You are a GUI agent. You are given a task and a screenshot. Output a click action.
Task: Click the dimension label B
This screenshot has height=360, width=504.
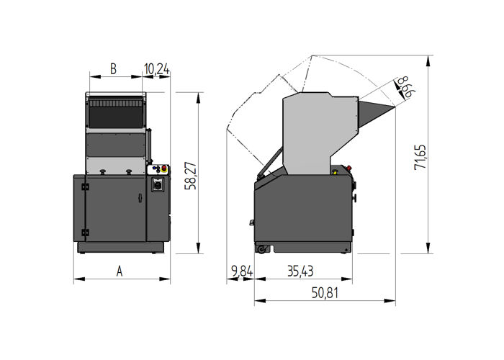point(113,69)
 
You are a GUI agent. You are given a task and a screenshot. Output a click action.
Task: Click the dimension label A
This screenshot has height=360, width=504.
point(120,271)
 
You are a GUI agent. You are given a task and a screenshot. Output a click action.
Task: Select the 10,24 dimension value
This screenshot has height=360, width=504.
point(156,69)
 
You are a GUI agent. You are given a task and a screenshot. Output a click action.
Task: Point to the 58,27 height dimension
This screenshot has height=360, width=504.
point(189,175)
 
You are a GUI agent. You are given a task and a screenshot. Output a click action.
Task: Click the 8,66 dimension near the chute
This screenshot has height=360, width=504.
point(405,86)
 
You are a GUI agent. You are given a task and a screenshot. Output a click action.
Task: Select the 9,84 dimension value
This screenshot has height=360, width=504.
point(242,271)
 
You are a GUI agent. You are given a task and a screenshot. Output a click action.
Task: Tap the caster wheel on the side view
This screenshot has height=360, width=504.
point(262,249)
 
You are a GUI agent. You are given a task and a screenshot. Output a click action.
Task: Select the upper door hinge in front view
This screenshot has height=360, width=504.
point(84,187)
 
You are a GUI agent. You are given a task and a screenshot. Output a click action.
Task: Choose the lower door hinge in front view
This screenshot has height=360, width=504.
point(84,232)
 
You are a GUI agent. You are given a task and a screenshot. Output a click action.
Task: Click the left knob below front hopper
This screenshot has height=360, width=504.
point(104,171)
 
